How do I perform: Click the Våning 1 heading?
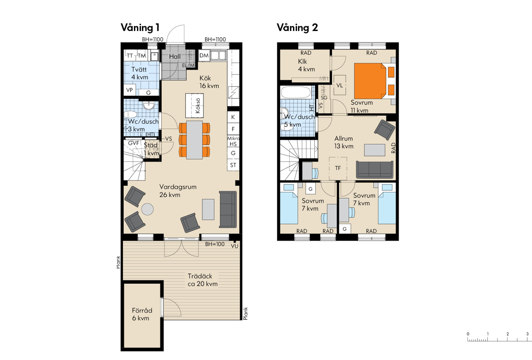point(140,27)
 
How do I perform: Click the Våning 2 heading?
point(297,27)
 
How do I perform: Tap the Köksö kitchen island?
point(195,106)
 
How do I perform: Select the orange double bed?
point(374,81)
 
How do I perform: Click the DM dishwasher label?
point(204,55)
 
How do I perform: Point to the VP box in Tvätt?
point(129,90)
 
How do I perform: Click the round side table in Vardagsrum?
point(148,209)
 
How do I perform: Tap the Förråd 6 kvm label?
point(142,314)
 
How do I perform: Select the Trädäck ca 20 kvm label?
point(202,280)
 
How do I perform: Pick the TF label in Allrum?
point(338,168)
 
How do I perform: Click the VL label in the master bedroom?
point(340,85)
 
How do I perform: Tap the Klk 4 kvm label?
point(306,65)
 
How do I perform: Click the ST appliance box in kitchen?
point(233,165)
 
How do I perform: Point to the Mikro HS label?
point(233,141)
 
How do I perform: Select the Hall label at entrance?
point(175,56)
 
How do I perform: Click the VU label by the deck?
point(235,246)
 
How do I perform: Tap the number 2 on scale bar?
point(508,334)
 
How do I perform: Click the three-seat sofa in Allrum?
point(375,170)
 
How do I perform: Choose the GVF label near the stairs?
point(133,143)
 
